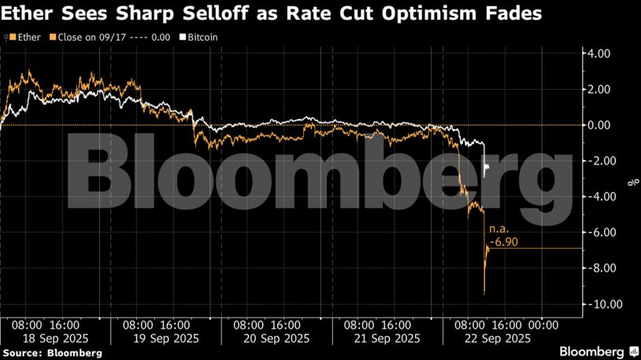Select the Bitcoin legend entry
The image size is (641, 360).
pos(202,37)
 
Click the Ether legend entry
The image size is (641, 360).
pos(28,37)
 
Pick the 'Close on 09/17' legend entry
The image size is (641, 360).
pos(87,37)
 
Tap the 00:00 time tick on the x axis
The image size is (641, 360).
pos(543,325)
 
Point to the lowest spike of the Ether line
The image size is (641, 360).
pos(484,295)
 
